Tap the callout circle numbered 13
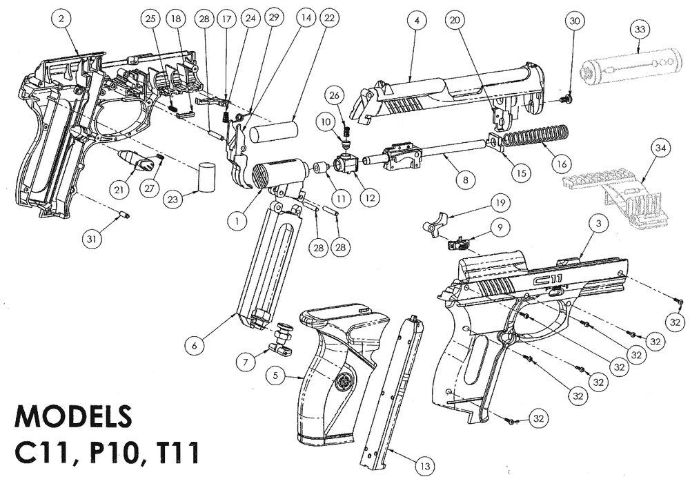click(x=426, y=467)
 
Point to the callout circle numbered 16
click(x=562, y=165)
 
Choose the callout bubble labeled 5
click(x=276, y=376)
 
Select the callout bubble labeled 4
click(x=416, y=21)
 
